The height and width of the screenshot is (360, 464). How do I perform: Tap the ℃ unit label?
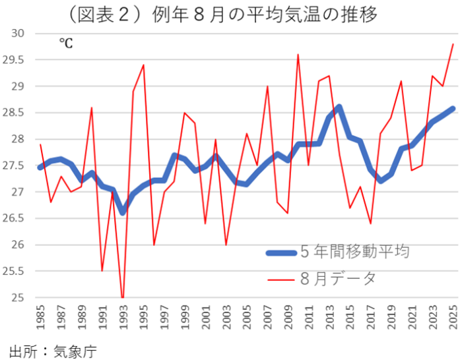pyautogui.click(x=65, y=44)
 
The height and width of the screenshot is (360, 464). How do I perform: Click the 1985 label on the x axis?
pyautogui.click(x=40, y=318)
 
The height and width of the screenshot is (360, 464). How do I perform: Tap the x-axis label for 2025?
pyautogui.click(x=453, y=318)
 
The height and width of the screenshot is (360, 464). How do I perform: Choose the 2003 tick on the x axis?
pyautogui.click(x=226, y=318)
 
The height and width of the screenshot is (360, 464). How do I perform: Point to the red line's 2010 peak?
pyautogui.click(x=298, y=55)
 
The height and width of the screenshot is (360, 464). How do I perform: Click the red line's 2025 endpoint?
pyautogui.click(x=453, y=44)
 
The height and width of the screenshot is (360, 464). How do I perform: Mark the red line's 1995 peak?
pyautogui.click(x=143, y=65)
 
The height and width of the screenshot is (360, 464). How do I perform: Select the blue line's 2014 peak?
pyautogui.click(x=339, y=107)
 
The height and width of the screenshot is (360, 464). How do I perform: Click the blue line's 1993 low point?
pyautogui.click(x=123, y=212)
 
